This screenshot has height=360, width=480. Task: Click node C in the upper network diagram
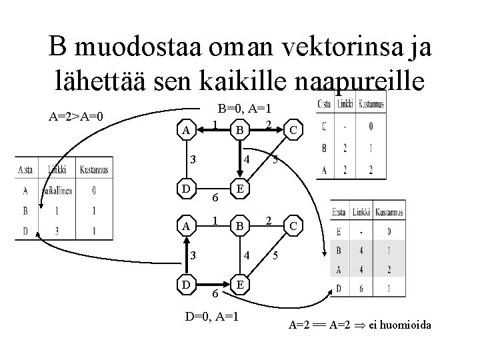tap(293, 130)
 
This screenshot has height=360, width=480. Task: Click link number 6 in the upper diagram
tap(215, 197)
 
